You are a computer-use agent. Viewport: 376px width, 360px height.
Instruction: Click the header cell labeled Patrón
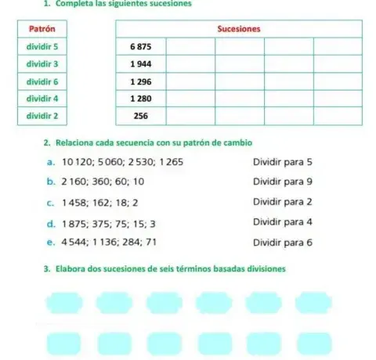tap(40, 29)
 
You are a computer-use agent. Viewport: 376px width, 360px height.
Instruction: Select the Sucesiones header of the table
tap(238, 29)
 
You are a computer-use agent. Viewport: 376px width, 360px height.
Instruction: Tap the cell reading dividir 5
tap(40, 46)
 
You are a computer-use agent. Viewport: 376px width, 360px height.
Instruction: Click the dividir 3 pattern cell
tap(40, 63)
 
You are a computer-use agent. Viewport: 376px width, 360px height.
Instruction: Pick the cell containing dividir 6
tap(40, 81)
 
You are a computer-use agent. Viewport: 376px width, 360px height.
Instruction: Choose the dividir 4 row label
tap(40, 98)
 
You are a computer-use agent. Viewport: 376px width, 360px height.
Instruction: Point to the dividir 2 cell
tap(40, 115)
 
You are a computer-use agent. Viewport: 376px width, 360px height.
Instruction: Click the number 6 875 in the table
tap(140, 46)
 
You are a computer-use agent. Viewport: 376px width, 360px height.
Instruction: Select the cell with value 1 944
tap(140, 63)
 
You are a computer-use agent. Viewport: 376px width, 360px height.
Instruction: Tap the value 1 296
tap(140, 81)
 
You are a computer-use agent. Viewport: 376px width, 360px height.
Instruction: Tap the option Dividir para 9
tap(283, 182)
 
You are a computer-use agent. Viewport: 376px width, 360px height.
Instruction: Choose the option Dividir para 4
tap(283, 222)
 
